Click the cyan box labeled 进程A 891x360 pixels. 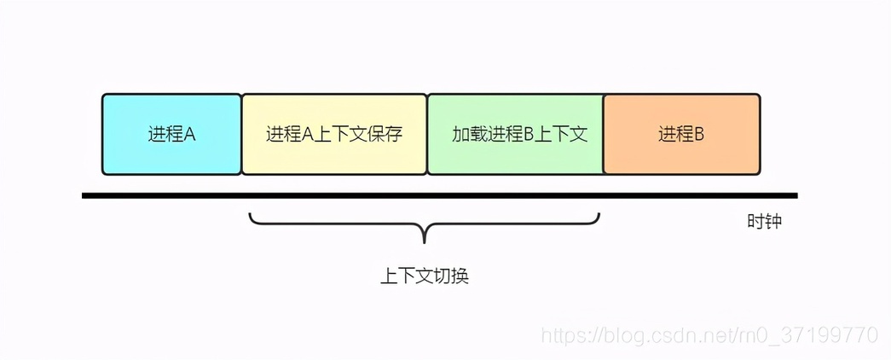pos(171,134)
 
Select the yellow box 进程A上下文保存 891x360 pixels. pos(334,134)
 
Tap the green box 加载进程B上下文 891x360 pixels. pos(515,134)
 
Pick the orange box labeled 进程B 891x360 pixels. pos(681,134)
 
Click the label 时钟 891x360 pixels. pos(764,222)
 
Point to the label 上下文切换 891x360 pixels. pos(425,277)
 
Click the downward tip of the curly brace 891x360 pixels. pos(425,243)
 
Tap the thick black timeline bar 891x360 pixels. pos(439,195)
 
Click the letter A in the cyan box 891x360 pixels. pos(190,135)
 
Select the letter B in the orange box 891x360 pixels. pos(698,135)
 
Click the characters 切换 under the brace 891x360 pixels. pos(452,277)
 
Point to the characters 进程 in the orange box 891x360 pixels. pos(675,135)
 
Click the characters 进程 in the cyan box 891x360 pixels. pos(165,135)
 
